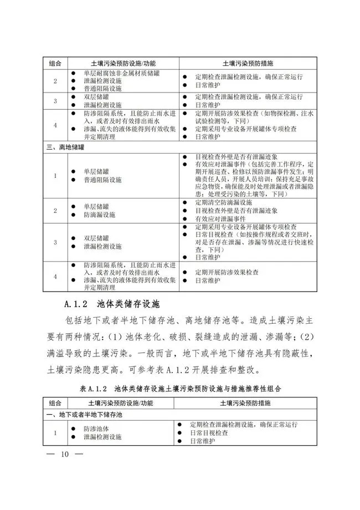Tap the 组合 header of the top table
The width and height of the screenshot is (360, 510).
[55, 63]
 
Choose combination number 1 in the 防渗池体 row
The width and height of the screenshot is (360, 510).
[55, 433]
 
